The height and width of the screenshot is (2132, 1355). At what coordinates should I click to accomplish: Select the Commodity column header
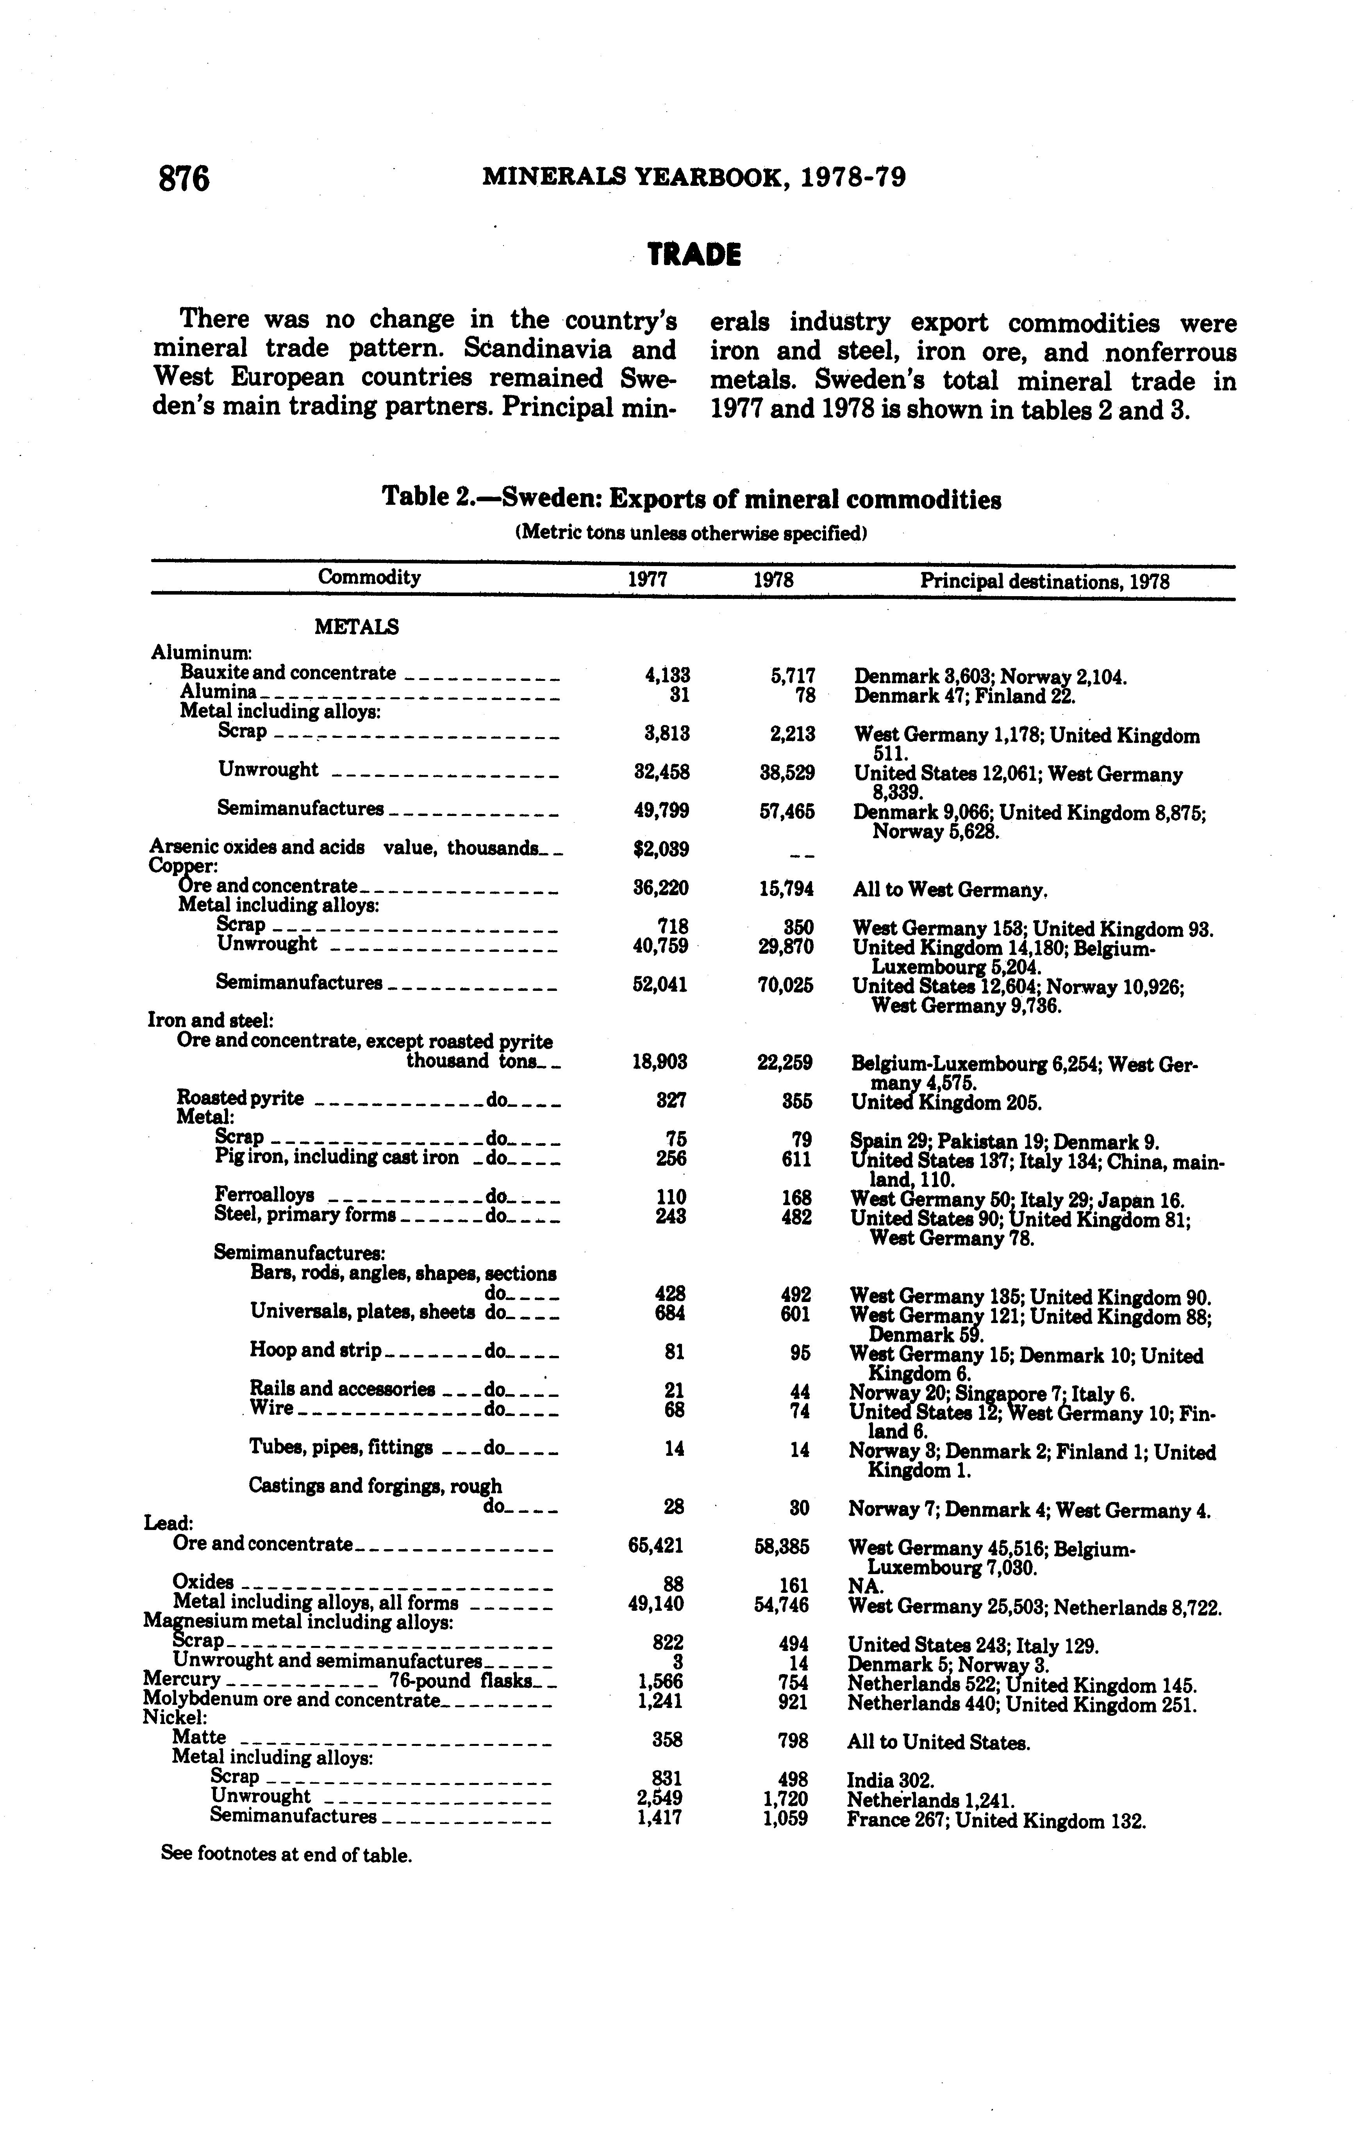(x=369, y=578)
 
